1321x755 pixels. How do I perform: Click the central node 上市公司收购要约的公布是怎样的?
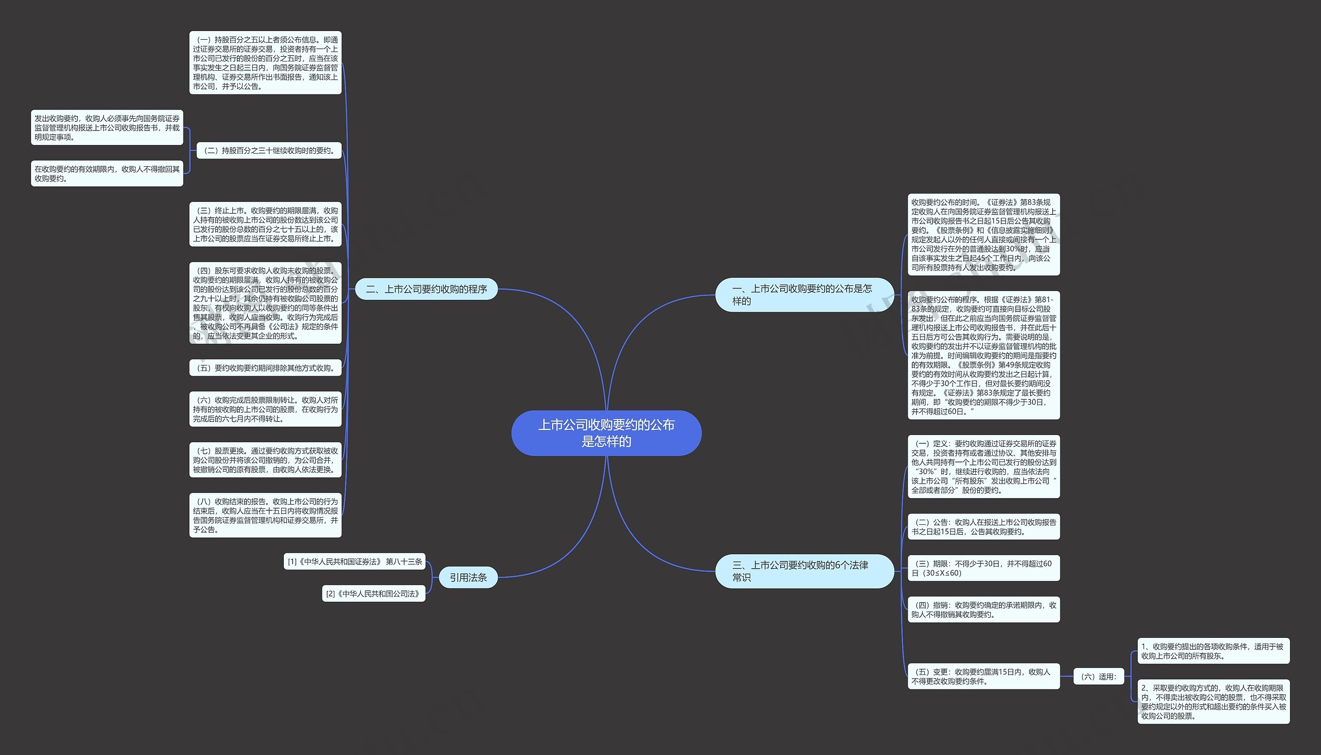tap(606, 433)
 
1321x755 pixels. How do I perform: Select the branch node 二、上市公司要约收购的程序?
tap(426, 289)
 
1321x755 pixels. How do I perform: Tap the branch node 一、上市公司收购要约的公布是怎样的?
tap(804, 295)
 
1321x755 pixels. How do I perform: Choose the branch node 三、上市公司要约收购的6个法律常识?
tap(804, 571)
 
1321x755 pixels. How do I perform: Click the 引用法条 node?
tap(468, 577)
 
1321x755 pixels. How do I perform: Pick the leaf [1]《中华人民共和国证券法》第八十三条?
tap(355, 561)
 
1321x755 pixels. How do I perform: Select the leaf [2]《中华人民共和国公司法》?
tap(373, 594)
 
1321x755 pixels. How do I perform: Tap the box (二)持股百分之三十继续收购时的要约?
tap(269, 150)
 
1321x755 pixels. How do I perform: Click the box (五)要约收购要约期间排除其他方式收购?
tap(265, 367)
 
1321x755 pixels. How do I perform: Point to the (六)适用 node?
tap(1098, 677)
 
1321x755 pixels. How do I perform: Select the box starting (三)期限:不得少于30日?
tap(984, 568)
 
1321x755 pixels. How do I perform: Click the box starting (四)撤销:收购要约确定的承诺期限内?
tap(984, 610)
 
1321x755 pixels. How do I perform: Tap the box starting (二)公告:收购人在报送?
tap(984, 527)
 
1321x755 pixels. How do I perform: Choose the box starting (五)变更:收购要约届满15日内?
tap(984, 677)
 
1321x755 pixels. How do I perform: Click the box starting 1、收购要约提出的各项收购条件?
tap(1213, 651)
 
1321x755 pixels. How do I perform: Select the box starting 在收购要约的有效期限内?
tap(107, 174)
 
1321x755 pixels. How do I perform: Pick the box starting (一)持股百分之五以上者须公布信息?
tap(265, 63)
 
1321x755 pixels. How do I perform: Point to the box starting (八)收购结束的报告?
tap(265, 516)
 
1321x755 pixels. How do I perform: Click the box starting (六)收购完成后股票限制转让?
tap(265, 409)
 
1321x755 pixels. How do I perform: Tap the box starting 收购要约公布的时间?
tap(984, 235)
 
